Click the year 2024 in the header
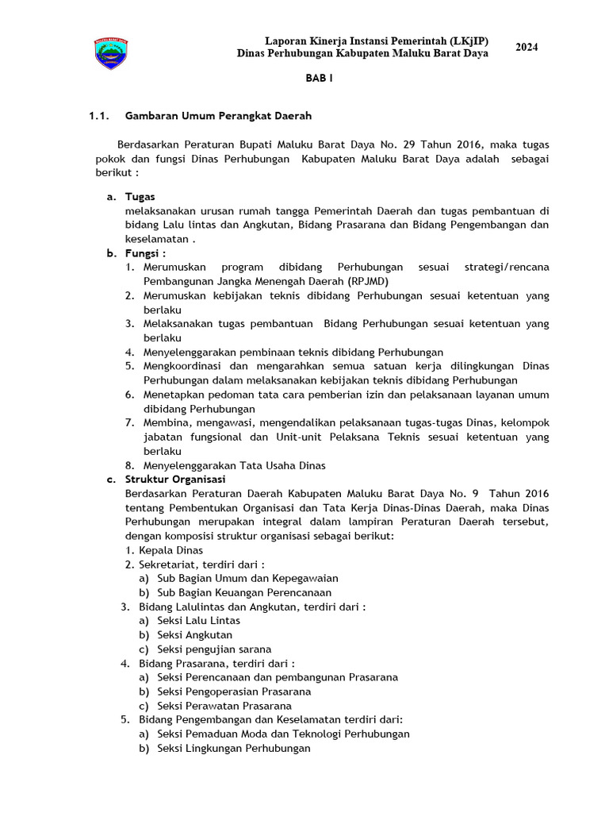pyautogui.click(x=527, y=48)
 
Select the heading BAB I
pyautogui.click(x=320, y=80)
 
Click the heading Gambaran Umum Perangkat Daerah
pyautogui.click(x=218, y=116)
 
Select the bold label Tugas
pyautogui.click(x=140, y=196)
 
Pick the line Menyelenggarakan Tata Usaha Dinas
pyautogui.click(x=235, y=465)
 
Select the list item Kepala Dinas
pyautogui.click(x=170, y=550)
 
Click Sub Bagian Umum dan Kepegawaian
pyautogui.click(x=247, y=578)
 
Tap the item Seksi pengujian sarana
pyautogui.click(x=214, y=649)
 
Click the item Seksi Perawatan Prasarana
pyautogui.click(x=224, y=706)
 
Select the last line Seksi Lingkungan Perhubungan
pyautogui.click(x=234, y=748)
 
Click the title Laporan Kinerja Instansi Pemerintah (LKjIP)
pyautogui.click(x=376, y=40)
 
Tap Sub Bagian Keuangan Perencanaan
pyautogui.click(x=244, y=592)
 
